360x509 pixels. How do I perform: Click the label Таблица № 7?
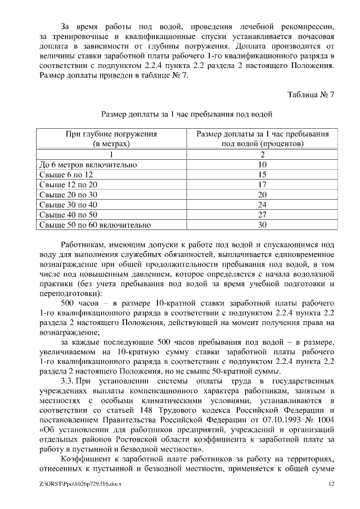click(310, 94)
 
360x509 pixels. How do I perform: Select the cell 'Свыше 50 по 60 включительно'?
click(94, 225)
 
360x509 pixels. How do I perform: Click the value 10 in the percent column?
click(262, 164)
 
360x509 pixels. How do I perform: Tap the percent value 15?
click(262, 174)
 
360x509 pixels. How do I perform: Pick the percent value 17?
click(262, 184)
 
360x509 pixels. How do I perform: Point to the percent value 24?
click(262, 205)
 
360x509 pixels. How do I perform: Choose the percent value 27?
click(262, 215)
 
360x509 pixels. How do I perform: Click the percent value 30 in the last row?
click(262, 225)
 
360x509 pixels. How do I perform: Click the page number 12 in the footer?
click(331, 484)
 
